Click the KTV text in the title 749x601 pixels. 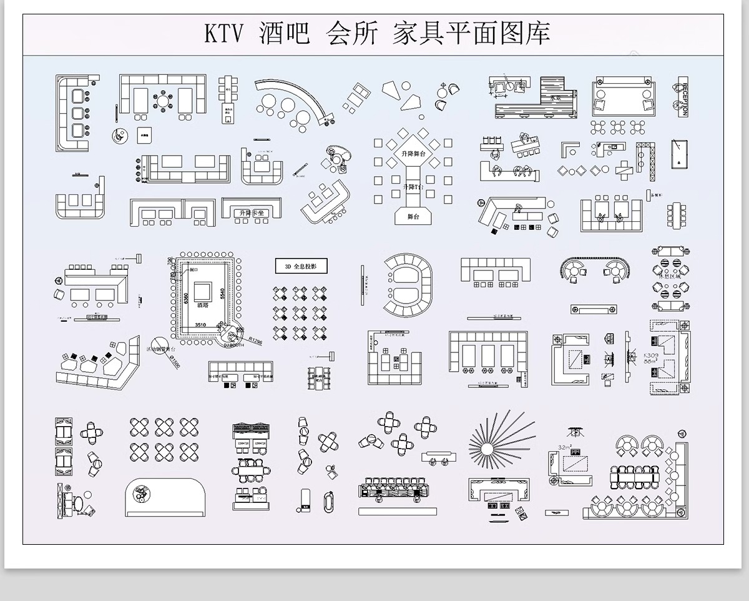pos(223,34)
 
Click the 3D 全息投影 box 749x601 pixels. pos(301,266)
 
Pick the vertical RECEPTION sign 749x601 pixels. pos(684,99)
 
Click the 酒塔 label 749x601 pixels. pos(203,305)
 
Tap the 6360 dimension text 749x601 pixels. pos(185,300)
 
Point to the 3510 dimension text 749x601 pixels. pos(200,325)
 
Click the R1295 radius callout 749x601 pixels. pos(255,340)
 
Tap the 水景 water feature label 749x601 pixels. pos(555,98)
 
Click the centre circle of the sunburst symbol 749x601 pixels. pos(489,448)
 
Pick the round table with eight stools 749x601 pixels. pos(163,100)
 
